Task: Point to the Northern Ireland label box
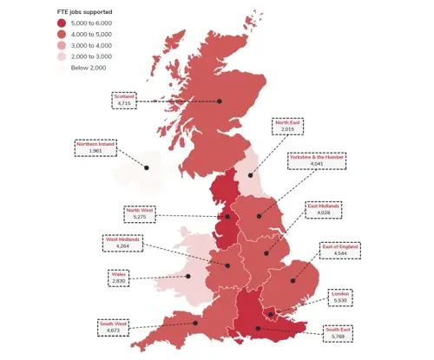95,147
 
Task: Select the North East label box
291,127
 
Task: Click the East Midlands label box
324,210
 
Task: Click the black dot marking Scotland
220,101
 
